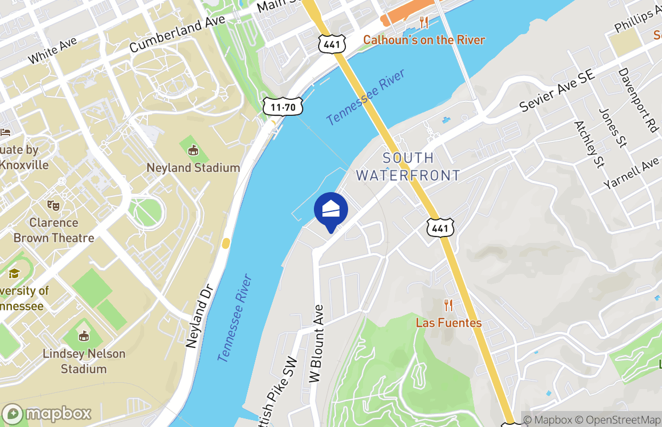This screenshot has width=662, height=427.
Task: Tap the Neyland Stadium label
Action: point(193,168)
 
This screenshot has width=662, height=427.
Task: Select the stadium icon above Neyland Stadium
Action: point(193,151)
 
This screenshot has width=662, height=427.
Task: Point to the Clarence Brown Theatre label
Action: point(54,230)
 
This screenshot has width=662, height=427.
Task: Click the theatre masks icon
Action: point(53,204)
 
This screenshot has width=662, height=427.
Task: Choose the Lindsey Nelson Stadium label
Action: point(84,361)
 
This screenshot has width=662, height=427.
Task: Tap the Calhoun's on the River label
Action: point(424,40)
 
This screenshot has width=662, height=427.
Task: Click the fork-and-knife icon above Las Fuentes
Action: point(448,305)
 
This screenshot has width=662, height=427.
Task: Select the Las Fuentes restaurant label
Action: point(448,323)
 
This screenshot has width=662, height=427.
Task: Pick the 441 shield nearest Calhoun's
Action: point(332,44)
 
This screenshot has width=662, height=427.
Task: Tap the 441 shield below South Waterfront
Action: point(441,228)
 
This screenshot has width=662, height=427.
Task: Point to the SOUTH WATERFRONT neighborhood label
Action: point(408,167)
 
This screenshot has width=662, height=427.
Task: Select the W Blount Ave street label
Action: point(317,344)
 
